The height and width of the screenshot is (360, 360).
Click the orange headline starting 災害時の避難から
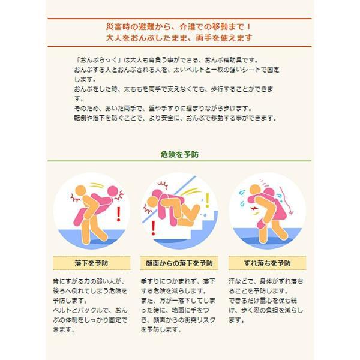[x=179, y=27]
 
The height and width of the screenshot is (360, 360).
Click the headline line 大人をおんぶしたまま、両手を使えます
[x=179, y=38]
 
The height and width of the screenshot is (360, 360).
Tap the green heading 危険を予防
[x=180, y=154]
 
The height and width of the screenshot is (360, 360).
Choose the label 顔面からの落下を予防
[x=179, y=263]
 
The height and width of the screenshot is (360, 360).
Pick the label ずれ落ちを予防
[x=269, y=263]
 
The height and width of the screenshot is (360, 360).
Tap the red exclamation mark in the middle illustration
[x=154, y=227]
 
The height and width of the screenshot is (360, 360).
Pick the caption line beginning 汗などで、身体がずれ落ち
[x=266, y=281]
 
